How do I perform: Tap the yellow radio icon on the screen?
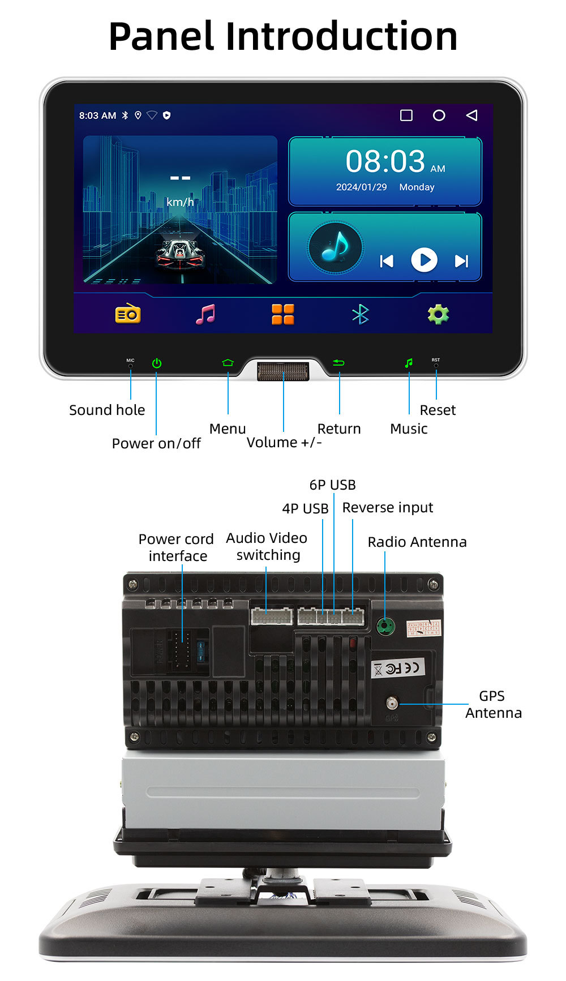pyautogui.click(x=128, y=314)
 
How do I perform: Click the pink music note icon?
pyautogui.click(x=205, y=314)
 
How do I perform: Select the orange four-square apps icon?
pyautogui.click(x=283, y=314)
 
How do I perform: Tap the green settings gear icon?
pyautogui.click(x=438, y=314)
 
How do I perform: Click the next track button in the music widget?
pyautogui.click(x=462, y=260)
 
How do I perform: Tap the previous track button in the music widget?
pyautogui.click(x=387, y=260)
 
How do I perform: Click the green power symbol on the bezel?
pyautogui.click(x=157, y=363)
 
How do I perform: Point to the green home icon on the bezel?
pyautogui.click(x=228, y=362)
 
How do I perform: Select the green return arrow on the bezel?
pyautogui.click(x=338, y=362)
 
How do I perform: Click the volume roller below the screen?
pyautogui.click(x=283, y=372)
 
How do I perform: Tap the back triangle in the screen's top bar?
pyautogui.click(x=471, y=115)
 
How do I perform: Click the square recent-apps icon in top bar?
pyautogui.click(x=406, y=115)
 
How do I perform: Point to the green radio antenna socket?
pyautogui.click(x=385, y=626)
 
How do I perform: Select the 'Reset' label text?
pyautogui.click(x=438, y=410)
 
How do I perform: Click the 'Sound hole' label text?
pyautogui.click(x=107, y=410)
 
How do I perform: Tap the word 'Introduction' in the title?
pyautogui.click(x=341, y=37)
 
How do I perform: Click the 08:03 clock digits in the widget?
pyautogui.click(x=385, y=161)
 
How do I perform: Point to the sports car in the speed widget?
pyautogui.click(x=179, y=252)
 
